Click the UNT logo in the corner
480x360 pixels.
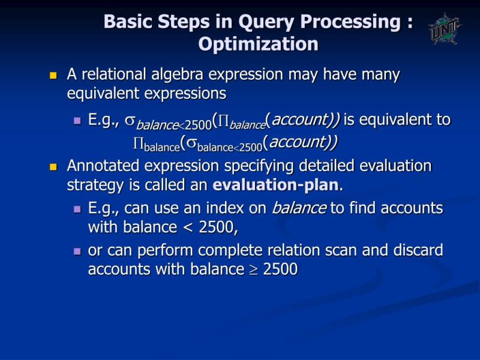(x=445, y=28)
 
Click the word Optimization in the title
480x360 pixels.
(x=258, y=44)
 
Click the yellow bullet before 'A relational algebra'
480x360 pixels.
(x=53, y=76)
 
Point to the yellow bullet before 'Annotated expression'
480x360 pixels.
(x=53, y=167)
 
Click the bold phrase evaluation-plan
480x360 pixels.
(x=276, y=185)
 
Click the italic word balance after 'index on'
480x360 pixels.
(x=299, y=209)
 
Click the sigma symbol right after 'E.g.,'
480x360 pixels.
(x=129, y=121)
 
